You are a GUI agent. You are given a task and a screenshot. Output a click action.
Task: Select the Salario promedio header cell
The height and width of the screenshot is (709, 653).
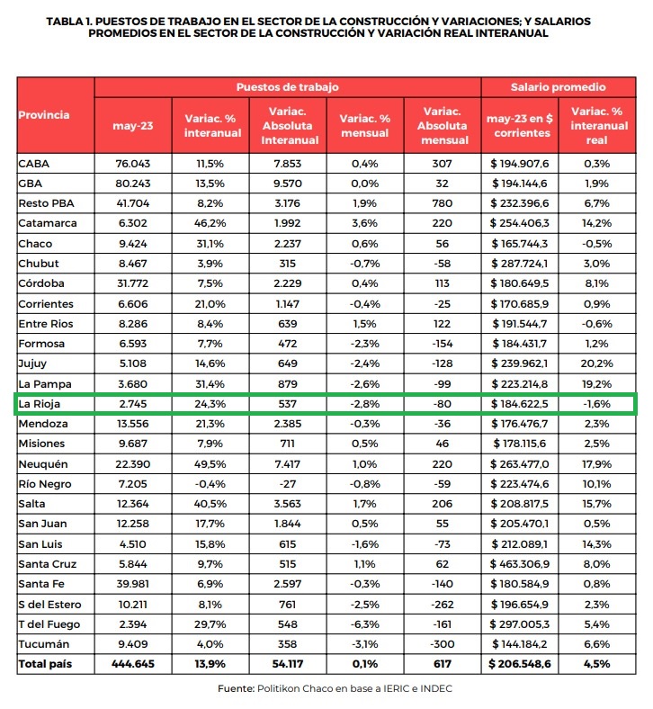coord(558,87)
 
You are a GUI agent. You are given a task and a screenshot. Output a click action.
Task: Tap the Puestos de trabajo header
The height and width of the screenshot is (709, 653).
coord(287,87)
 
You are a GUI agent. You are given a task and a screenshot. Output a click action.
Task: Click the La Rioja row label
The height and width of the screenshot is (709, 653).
coord(39,404)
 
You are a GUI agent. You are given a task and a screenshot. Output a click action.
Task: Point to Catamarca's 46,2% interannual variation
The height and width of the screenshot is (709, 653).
coord(213,222)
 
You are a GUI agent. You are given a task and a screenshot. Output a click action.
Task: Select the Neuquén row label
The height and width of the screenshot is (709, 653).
coord(42,464)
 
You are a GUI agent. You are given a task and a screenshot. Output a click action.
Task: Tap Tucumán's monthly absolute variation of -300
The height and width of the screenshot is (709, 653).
coord(443,645)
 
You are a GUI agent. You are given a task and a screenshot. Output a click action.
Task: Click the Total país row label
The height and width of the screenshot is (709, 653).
coord(47,665)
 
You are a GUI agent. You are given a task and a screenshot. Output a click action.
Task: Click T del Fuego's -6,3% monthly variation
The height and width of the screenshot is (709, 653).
coord(364,625)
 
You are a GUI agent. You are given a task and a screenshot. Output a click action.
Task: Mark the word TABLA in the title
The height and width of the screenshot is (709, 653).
coord(69,20)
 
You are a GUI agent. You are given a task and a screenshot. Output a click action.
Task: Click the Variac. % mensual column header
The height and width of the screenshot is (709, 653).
coord(364,125)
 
